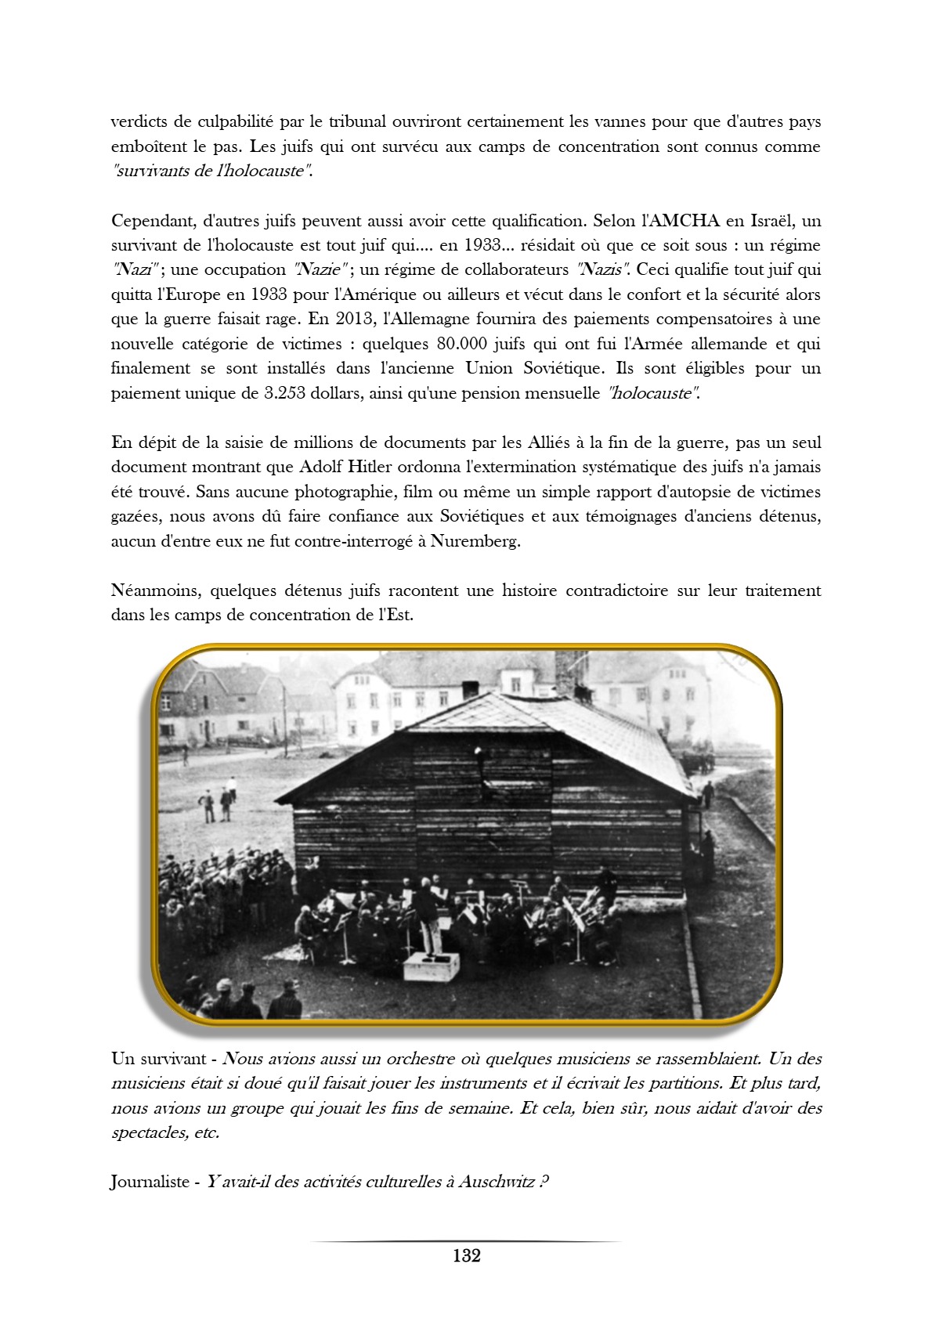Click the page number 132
click(466, 1255)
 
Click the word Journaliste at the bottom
click(149, 1182)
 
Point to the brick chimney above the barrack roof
click(570, 670)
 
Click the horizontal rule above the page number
click(466, 1241)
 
